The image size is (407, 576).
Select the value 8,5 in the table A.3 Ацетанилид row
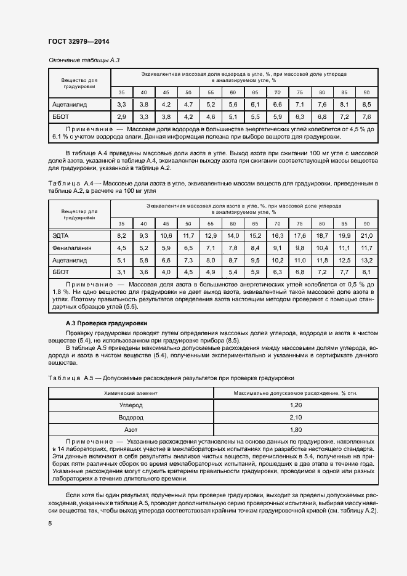[x=366, y=105]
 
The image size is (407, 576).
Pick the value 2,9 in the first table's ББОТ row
[x=121, y=116]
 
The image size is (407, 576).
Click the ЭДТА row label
[x=62, y=235]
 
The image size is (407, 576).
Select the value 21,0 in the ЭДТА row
[x=366, y=235]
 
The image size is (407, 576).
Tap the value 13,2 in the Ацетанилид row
[x=366, y=260]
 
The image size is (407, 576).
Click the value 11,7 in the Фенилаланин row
[x=366, y=248]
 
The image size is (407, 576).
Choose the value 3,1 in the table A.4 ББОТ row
[x=121, y=272]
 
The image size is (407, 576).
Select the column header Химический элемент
[x=130, y=392]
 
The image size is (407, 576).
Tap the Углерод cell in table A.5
[x=130, y=405]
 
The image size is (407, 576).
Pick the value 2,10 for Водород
[x=296, y=417]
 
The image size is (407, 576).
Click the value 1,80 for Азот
[x=296, y=429]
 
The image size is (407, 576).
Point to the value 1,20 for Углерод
[x=296, y=405]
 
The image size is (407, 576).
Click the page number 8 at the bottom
[x=50, y=524]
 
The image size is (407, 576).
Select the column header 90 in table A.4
[x=366, y=223]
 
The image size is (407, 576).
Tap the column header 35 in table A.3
[x=121, y=92]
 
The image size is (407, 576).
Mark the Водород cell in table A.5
[x=130, y=417]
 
